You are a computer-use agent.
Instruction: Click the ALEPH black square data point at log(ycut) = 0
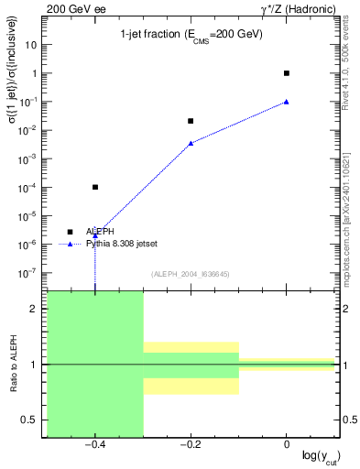pos(287,73)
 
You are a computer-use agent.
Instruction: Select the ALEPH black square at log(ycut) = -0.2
pos(191,121)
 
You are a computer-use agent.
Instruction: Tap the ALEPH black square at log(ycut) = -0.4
pos(95,187)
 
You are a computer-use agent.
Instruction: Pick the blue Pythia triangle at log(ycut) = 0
pos(287,102)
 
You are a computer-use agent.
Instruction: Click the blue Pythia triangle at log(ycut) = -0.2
pos(191,143)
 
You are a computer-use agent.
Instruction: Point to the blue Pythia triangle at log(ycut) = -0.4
pos(95,235)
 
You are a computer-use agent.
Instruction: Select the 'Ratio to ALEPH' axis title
pos(15,365)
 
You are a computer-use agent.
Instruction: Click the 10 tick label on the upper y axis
pos(32,44)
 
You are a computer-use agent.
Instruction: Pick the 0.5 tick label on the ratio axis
pos(29,420)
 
